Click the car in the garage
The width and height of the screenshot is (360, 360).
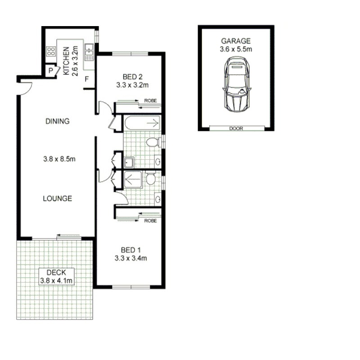point(237,84)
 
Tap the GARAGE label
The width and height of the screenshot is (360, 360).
point(235,41)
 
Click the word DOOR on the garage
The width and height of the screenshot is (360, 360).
point(236,129)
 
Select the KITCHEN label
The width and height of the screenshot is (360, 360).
point(66,61)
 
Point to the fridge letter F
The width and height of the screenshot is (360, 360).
point(87,79)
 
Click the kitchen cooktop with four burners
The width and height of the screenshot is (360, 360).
point(51,51)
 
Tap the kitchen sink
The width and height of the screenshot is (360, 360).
point(89,52)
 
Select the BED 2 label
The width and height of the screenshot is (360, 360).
point(132,76)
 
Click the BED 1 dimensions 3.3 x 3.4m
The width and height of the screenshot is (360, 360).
point(130,258)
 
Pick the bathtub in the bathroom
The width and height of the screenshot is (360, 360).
point(142,123)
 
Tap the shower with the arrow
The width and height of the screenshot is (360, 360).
point(133,180)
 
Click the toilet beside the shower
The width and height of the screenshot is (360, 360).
point(150,178)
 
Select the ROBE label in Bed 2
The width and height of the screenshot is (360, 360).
point(150,100)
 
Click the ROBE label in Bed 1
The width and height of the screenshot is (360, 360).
point(150,221)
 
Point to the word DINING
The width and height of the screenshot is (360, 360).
point(58,121)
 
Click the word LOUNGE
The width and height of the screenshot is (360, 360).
point(58,198)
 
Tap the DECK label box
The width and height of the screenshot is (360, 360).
point(57,277)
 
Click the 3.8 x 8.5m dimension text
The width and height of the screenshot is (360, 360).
point(59,159)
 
